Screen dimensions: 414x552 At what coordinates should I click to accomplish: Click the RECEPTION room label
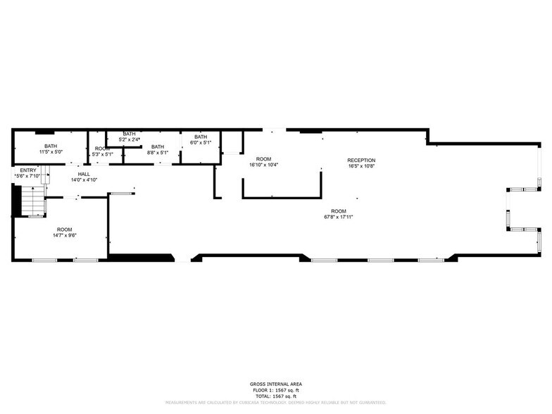click(361, 160)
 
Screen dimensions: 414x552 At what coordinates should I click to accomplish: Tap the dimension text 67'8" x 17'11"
click(339, 217)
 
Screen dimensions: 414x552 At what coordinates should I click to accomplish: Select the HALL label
click(84, 174)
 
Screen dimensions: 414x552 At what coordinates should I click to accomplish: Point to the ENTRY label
click(28, 170)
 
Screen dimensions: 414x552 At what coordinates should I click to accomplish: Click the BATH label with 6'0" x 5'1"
click(201, 137)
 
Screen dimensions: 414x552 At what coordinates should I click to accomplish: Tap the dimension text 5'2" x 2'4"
click(129, 139)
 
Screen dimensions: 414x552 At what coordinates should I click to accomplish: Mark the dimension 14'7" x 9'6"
click(64, 235)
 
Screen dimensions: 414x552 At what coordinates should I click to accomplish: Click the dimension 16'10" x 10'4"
click(264, 165)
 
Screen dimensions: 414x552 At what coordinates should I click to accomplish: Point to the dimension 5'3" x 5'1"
click(103, 154)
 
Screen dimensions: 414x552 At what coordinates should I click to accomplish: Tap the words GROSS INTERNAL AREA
click(275, 384)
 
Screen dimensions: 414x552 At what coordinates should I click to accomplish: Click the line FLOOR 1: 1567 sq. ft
click(275, 389)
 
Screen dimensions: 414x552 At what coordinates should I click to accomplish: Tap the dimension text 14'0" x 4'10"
click(84, 180)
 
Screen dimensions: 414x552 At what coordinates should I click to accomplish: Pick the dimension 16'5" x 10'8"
click(361, 166)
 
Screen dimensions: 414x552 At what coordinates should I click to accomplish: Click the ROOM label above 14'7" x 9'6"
click(64, 230)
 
